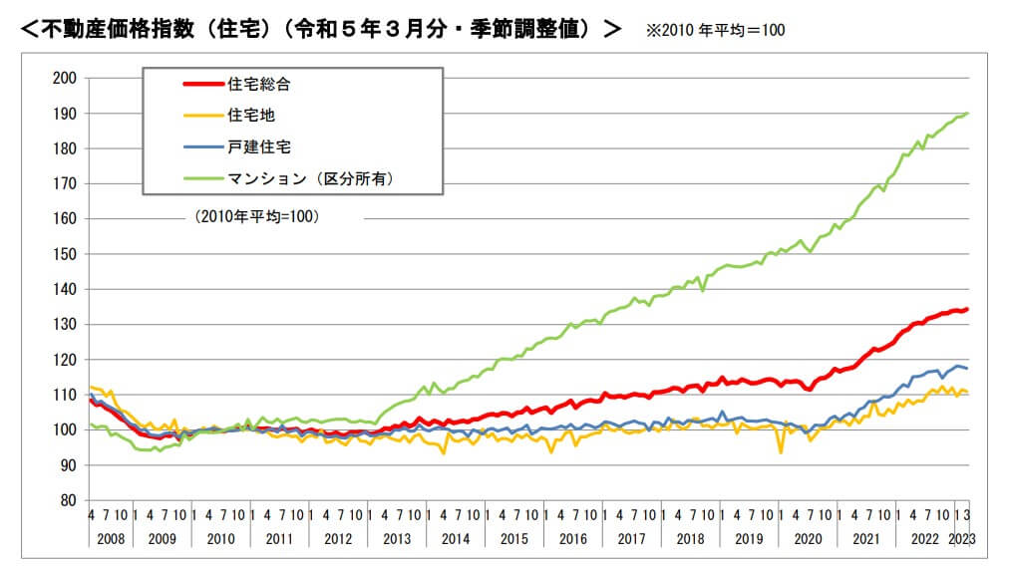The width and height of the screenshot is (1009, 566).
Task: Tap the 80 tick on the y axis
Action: (68, 500)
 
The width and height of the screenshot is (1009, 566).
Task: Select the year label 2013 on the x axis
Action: (396, 538)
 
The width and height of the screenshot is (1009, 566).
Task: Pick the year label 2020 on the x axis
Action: (806, 538)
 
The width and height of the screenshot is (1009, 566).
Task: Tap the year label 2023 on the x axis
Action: (960, 538)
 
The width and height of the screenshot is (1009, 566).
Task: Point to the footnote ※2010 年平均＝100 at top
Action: (715, 31)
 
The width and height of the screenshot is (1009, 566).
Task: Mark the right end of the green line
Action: (967, 114)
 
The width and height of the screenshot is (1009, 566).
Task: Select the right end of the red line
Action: (967, 309)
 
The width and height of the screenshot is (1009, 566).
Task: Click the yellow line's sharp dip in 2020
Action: (781, 452)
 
